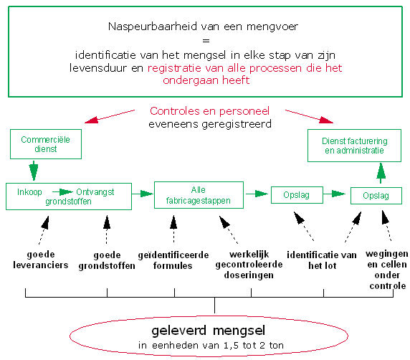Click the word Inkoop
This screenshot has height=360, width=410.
(x=29, y=192)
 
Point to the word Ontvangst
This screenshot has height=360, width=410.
(x=95, y=192)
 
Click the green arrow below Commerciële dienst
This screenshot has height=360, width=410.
(x=34, y=171)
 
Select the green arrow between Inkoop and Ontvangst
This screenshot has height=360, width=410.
(x=62, y=192)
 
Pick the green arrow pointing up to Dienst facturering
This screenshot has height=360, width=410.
(x=381, y=173)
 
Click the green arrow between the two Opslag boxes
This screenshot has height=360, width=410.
(x=334, y=194)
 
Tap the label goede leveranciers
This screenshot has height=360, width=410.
(x=41, y=260)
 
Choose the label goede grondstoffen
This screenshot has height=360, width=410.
(x=107, y=260)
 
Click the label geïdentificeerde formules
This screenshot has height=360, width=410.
(x=173, y=260)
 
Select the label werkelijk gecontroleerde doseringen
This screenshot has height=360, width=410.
(x=249, y=265)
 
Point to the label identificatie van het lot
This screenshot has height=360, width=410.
(x=322, y=260)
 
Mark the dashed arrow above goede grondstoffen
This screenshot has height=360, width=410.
(x=107, y=229)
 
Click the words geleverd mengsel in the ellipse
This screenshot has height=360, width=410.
(x=209, y=331)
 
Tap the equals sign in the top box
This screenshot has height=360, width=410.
(x=206, y=41)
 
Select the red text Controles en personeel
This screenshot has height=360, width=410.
(x=210, y=111)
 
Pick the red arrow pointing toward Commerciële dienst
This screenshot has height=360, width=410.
(x=110, y=116)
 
